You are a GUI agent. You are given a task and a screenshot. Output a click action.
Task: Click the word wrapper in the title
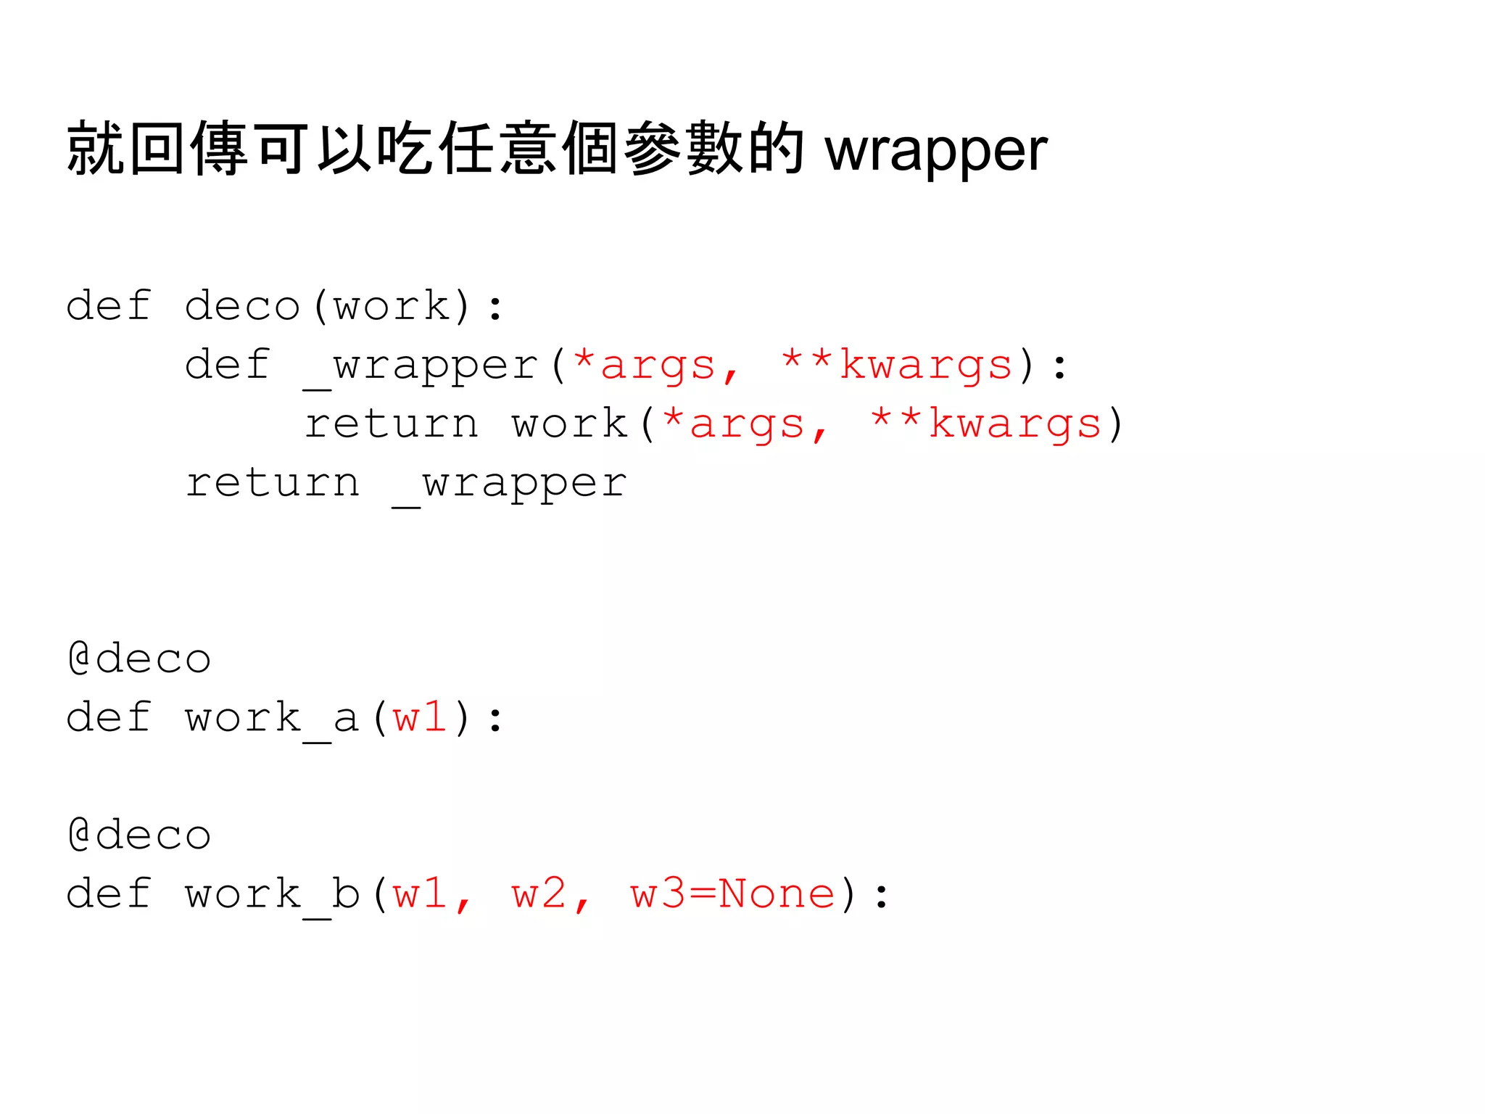tap(935, 151)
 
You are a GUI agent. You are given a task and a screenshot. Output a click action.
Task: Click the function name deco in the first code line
tap(242, 306)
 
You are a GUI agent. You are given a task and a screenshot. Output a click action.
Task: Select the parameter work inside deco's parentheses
tap(392, 306)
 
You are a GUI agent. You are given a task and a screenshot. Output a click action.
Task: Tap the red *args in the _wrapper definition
tap(645, 365)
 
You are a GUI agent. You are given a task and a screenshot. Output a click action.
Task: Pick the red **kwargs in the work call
tap(985, 424)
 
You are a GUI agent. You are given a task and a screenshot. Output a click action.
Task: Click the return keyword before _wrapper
tap(273, 483)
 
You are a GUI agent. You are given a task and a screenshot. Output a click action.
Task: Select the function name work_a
tap(272, 719)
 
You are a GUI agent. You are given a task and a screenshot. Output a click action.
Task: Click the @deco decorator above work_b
tap(139, 835)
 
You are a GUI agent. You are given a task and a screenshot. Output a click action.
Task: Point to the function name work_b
tap(272, 894)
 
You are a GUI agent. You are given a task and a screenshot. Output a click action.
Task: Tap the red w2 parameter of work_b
tap(539, 894)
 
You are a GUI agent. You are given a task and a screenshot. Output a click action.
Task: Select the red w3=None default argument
tap(732, 894)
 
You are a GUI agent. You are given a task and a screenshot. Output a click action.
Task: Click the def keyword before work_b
tap(109, 894)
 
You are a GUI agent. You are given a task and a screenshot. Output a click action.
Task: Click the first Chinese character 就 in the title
tap(95, 149)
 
